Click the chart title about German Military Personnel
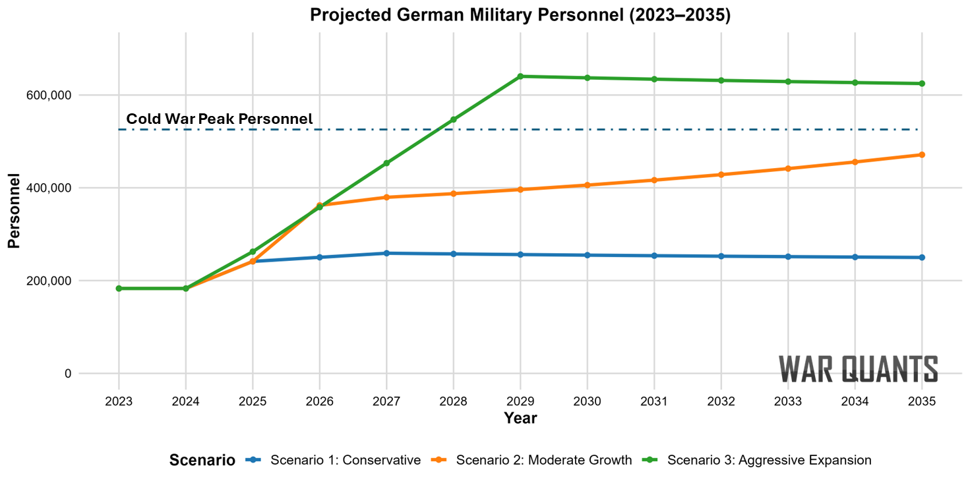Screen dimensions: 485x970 [x=520, y=16]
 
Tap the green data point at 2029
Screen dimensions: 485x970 [x=520, y=76]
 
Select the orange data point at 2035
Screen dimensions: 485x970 [x=922, y=155]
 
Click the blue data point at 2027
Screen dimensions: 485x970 [x=386, y=253]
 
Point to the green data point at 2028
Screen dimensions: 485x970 [x=454, y=120]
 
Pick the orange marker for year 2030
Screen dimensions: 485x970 [x=587, y=185]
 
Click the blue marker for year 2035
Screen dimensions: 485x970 [x=922, y=258]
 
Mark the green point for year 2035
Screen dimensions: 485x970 [x=922, y=84]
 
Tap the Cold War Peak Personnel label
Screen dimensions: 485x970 [x=220, y=119]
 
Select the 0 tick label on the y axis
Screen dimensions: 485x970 [x=66, y=374]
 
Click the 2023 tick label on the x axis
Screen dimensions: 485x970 [x=119, y=401]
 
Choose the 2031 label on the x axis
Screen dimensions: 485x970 [x=654, y=401]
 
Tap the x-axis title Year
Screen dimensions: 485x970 [x=520, y=418]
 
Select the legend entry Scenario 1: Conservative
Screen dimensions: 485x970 [x=345, y=460]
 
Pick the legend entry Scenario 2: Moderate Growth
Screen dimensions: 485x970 [x=543, y=460]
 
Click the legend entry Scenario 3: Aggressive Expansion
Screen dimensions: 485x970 [x=769, y=460]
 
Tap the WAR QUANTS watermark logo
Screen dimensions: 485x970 [x=858, y=369]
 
